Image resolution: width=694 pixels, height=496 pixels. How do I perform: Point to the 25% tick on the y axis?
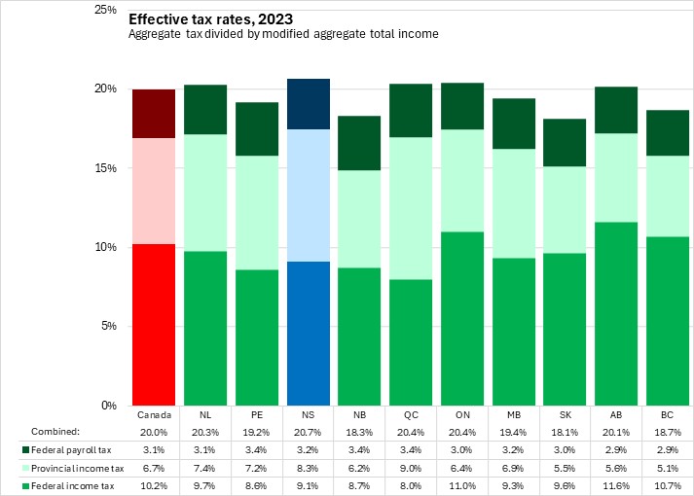[104, 10]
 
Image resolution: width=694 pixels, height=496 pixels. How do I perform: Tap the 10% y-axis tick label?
[104, 247]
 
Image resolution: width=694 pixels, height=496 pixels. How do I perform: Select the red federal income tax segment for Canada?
[154, 324]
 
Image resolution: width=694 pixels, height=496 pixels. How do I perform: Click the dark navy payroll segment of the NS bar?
[308, 104]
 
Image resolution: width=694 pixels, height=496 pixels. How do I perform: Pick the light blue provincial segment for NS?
[308, 195]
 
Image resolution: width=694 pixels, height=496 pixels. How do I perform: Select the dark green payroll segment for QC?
[410, 110]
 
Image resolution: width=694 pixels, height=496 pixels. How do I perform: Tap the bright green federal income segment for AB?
[615, 313]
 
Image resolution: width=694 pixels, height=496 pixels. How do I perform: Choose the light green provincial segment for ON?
[461, 180]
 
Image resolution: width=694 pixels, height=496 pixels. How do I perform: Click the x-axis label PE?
[256, 413]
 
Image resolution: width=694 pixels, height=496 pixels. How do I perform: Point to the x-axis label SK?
[565, 413]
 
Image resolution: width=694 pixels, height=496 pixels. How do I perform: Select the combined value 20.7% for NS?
[308, 431]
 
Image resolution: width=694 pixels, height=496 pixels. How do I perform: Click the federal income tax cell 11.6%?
[615, 484]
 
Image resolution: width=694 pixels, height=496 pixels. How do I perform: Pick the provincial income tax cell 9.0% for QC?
[410, 467]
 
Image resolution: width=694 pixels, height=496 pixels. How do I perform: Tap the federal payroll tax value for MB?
[513, 449]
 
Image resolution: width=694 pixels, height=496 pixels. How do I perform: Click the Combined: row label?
[55, 431]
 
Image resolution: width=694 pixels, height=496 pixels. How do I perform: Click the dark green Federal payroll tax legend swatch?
[24, 449]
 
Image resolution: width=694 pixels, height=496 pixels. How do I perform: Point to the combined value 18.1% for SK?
[565, 431]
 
